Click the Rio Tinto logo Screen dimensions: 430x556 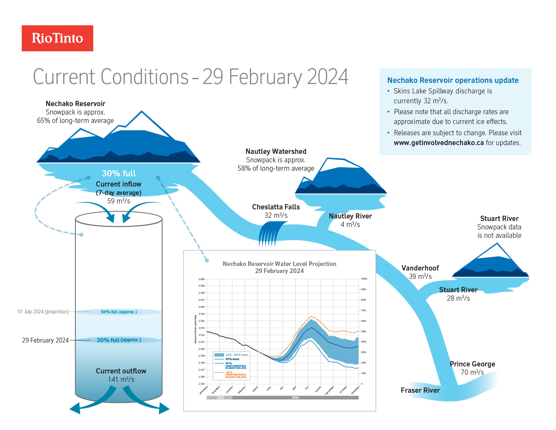(x=58, y=38)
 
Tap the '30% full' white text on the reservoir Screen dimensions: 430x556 (x=119, y=174)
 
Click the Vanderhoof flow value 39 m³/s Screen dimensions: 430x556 (x=420, y=276)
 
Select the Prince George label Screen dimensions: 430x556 (x=472, y=364)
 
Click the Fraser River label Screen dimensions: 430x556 (x=420, y=390)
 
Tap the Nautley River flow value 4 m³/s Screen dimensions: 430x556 (x=350, y=224)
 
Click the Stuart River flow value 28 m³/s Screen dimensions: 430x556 (x=458, y=298)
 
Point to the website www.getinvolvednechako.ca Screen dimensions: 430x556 (x=438, y=143)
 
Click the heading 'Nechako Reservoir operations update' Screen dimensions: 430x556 (x=453, y=80)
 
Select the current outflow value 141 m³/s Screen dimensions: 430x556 (x=121, y=379)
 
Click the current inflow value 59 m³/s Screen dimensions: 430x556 (x=119, y=201)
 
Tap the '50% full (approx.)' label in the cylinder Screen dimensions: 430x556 (x=119, y=312)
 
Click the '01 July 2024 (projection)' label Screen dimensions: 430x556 (x=43, y=312)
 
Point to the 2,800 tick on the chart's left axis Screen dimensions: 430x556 (x=201, y=279)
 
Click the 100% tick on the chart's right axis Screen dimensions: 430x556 (x=364, y=279)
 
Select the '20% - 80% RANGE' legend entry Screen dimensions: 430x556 (x=237, y=355)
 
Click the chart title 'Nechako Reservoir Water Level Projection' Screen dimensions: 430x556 (x=279, y=264)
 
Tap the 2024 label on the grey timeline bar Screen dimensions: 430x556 (x=295, y=398)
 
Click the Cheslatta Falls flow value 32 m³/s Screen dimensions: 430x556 (x=276, y=215)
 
